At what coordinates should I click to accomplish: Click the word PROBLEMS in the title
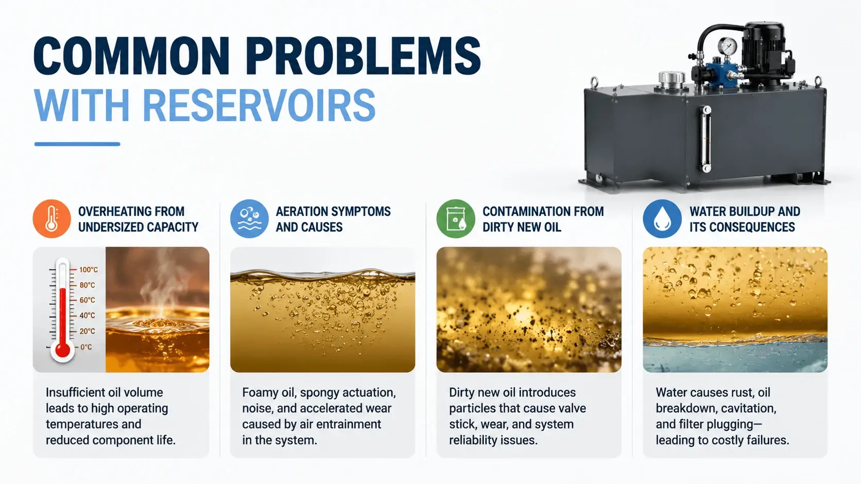coord(363,56)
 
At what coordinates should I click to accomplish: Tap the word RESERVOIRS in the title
coord(259,105)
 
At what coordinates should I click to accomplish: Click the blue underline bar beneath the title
coord(77,145)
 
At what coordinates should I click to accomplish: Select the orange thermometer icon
coord(52,219)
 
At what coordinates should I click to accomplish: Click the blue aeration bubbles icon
coord(249,219)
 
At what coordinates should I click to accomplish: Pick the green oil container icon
coord(456,219)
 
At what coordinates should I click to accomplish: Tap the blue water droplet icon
coord(662,219)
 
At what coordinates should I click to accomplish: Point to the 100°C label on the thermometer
coord(89,270)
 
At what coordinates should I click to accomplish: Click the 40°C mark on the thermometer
coord(87,315)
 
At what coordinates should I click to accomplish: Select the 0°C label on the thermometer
coord(86,347)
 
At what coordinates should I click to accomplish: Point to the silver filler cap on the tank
coord(671,79)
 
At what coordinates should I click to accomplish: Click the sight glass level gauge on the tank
coord(707,139)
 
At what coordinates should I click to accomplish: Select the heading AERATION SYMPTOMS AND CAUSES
coord(333,219)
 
